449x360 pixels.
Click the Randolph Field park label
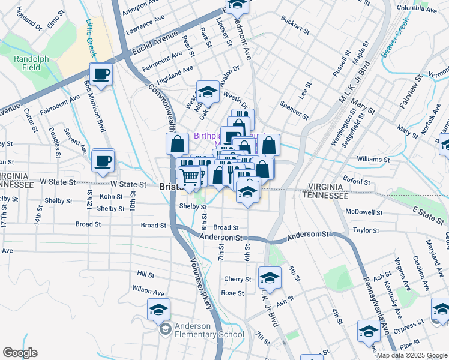pyautogui.click(x=28, y=63)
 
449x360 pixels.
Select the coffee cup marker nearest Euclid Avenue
pyautogui.click(x=101, y=75)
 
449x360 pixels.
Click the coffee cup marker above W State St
pyautogui.click(x=103, y=161)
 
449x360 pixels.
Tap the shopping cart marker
pyautogui.click(x=190, y=177)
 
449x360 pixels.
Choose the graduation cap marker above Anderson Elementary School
pyautogui.click(x=158, y=310)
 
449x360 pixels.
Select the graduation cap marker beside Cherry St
pyautogui.click(x=270, y=278)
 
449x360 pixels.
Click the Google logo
pyautogui.click(x=20, y=353)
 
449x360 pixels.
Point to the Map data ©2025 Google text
pyautogui.click(x=412, y=355)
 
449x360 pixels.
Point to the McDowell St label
pyautogui.click(x=364, y=212)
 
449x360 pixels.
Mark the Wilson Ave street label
pyautogui.click(x=148, y=292)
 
